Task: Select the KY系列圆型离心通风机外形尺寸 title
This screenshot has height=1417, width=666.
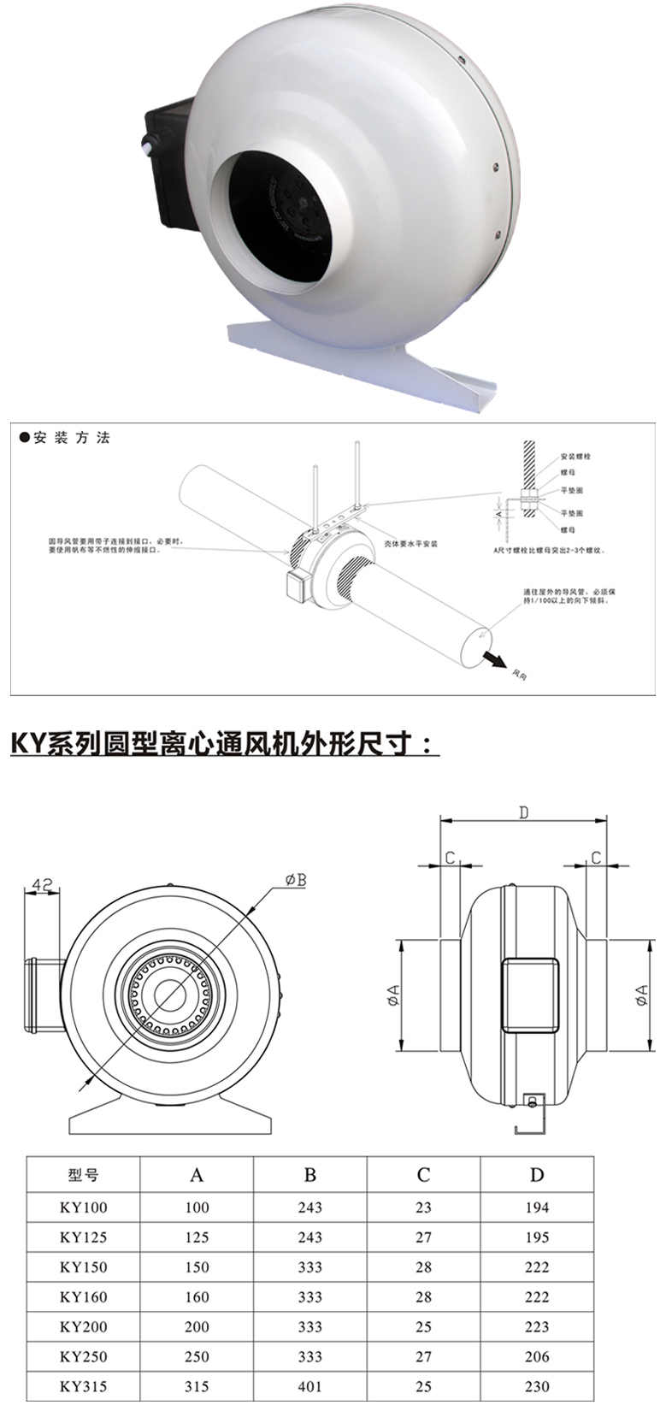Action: [224, 743]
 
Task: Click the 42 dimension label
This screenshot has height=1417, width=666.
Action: [43, 883]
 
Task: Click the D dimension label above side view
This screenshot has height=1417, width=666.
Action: [523, 812]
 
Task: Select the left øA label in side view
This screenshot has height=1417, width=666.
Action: [392, 995]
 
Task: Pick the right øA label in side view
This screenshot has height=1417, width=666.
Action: [642, 995]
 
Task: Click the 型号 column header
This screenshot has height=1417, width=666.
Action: [83, 1175]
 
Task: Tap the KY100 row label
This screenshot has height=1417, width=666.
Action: [83, 1207]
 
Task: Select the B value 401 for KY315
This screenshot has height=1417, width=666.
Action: [309, 1386]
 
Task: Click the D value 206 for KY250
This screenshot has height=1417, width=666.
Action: [537, 1356]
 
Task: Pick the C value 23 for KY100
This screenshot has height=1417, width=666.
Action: [423, 1207]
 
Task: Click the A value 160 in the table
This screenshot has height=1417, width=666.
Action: [197, 1297]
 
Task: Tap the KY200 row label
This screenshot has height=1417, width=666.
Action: [83, 1327]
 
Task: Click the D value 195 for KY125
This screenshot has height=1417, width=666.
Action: [537, 1237]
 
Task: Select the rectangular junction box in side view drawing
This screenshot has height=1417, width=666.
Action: [530, 995]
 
